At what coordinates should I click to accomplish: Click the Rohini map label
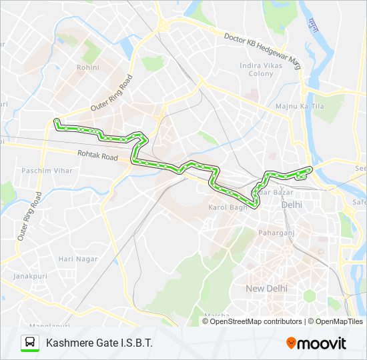tap(88, 67)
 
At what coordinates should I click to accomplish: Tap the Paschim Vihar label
tap(47, 171)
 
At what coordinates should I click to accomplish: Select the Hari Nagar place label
tap(77, 259)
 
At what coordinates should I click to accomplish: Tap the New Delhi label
tap(266, 288)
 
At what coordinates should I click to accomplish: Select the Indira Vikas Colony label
tap(257, 69)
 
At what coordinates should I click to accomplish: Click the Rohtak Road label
tap(97, 157)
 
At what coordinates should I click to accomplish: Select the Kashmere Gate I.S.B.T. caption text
tap(99, 343)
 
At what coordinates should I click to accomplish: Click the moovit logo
tap(316, 343)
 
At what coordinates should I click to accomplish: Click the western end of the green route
tap(56, 121)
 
